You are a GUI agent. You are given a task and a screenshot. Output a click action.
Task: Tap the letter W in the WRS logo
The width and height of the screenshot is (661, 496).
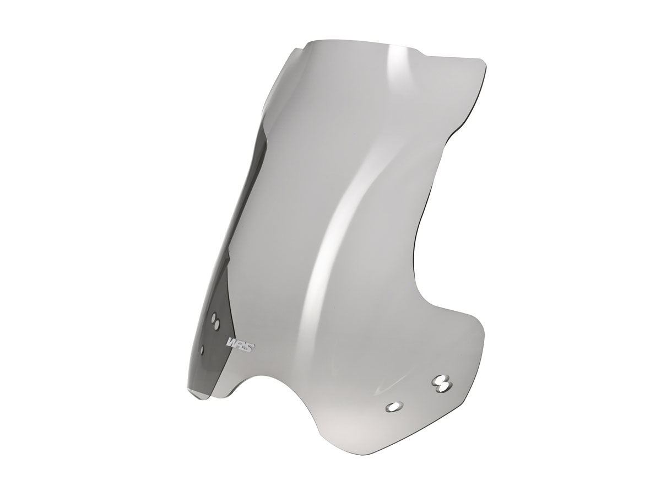click(231, 343)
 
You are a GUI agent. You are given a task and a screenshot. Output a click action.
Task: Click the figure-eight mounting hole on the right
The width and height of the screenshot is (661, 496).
click(441, 382)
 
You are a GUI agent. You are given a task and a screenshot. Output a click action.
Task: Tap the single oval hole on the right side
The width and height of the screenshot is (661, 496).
click(394, 406)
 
